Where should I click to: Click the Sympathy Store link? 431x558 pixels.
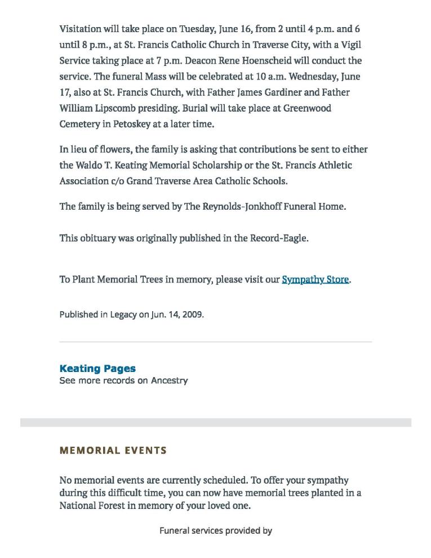point(315,280)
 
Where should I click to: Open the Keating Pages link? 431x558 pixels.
point(97,369)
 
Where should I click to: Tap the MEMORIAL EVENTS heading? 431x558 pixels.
point(113,450)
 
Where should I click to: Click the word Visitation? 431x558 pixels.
point(81,29)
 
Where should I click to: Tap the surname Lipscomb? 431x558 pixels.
point(118,108)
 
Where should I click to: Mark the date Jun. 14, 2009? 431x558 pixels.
point(177,315)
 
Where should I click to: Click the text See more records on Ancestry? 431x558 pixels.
point(123,380)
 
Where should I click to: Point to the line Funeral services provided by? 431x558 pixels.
point(216,530)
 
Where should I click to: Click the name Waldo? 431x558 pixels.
point(89,165)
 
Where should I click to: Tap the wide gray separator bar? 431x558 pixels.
point(216,422)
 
